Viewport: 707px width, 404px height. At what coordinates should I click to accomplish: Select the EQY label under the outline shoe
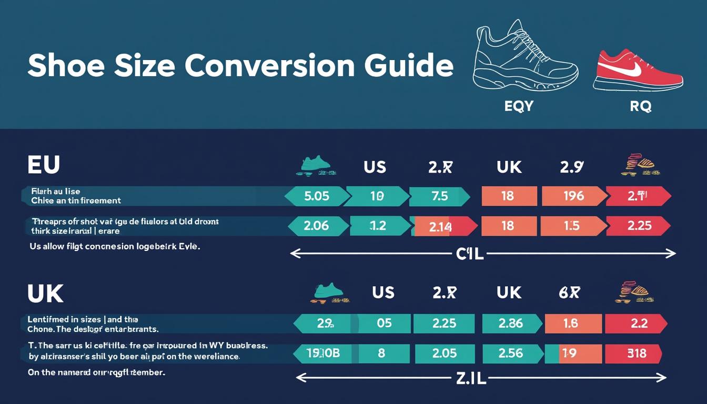(x=519, y=106)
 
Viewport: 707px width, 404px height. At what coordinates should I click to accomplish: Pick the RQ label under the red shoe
(x=640, y=106)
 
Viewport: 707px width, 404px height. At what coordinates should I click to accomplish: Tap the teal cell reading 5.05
(x=317, y=196)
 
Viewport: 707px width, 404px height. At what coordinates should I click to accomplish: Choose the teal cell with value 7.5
(x=439, y=196)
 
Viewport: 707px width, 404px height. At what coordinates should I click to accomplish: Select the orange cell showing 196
(x=573, y=196)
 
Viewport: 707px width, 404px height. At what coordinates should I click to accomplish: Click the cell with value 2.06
(x=317, y=226)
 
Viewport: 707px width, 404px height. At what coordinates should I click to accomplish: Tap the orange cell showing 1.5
(x=571, y=226)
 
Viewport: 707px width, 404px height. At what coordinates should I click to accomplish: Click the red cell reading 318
(x=637, y=353)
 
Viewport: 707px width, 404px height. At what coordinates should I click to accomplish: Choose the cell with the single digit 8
(x=382, y=353)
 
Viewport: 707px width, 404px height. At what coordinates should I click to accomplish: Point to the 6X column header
(x=569, y=292)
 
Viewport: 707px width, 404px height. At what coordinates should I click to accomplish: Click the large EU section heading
(x=44, y=165)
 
